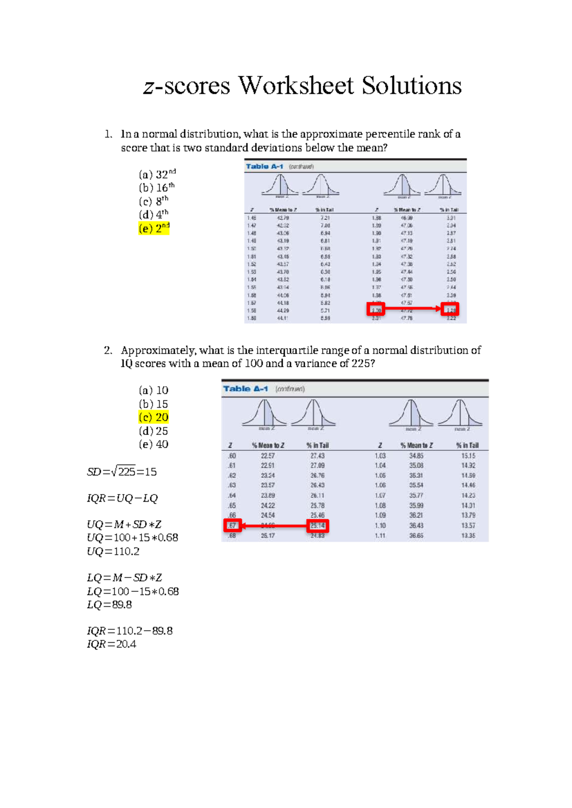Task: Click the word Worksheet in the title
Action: click(296, 86)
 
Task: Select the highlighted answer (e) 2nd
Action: click(154, 228)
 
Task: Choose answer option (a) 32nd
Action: click(157, 174)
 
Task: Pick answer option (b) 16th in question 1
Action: click(157, 187)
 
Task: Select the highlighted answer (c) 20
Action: click(153, 417)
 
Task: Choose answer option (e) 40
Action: click(153, 444)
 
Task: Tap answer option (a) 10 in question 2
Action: click(153, 390)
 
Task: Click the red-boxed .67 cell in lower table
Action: click(232, 525)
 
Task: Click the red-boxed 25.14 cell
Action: click(317, 525)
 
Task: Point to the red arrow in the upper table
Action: click(413, 309)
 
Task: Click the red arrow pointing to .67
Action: click(274, 526)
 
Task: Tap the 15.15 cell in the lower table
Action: click(468, 456)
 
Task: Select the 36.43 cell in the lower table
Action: click(416, 525)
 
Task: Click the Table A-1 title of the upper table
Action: click(265, 166)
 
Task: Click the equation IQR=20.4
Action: click(112, 645)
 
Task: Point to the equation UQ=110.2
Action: click(113, 552)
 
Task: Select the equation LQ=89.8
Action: click(109, 605)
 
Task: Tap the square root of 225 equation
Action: click(122, 472)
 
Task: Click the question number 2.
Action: click(108, 350)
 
